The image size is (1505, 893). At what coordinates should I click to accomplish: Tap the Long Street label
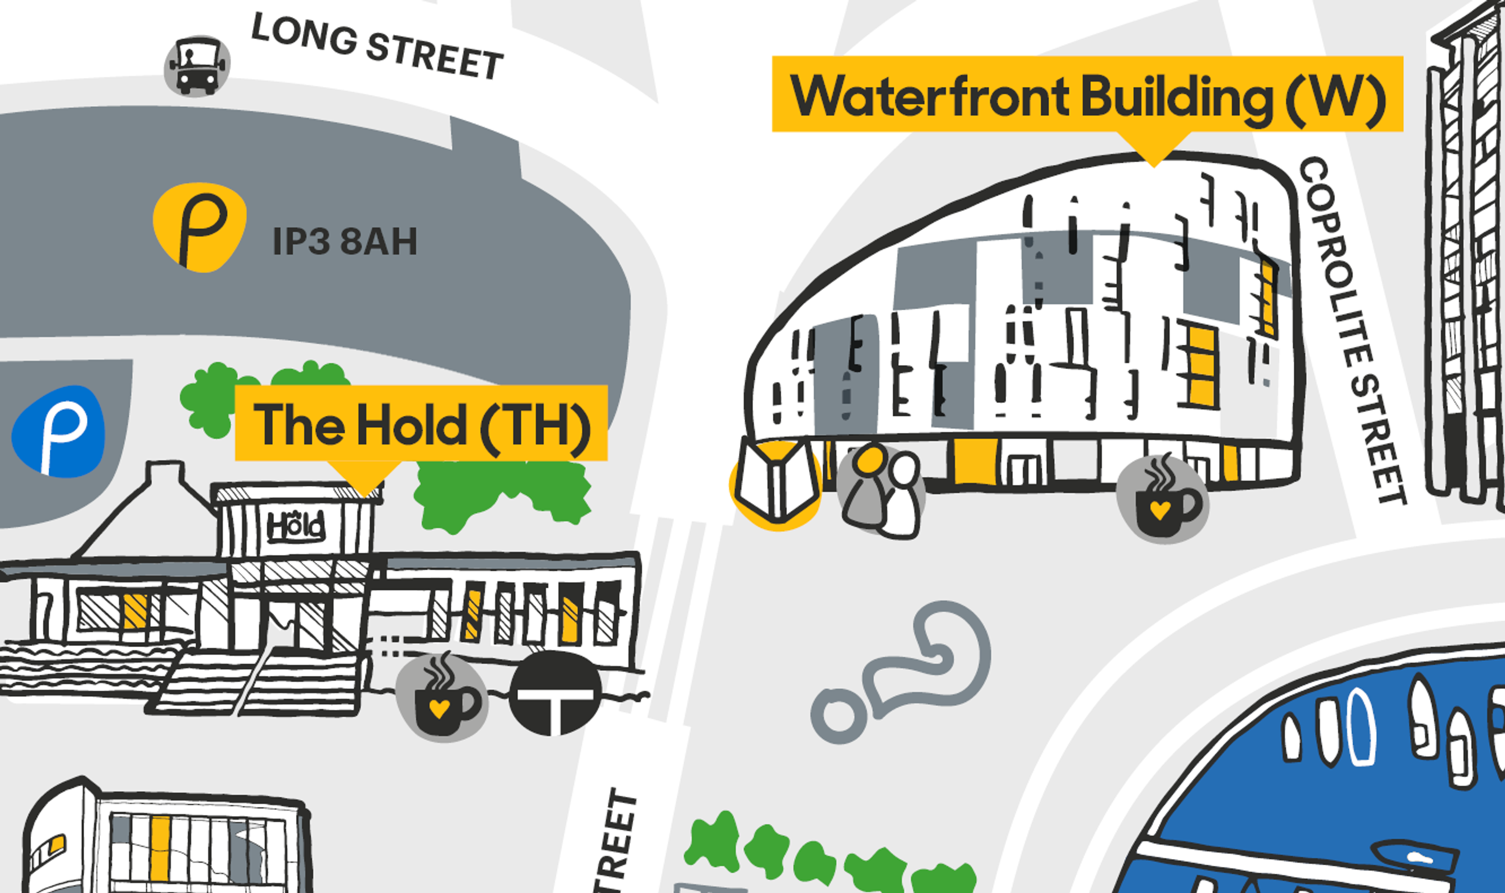point(377,47)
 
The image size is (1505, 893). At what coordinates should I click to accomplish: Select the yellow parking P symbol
point(200,227)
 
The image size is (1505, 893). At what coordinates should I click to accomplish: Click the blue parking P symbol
point(59,431)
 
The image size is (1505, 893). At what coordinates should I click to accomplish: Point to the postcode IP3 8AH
point(345,241)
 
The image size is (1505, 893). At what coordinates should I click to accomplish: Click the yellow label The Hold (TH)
point(421,423)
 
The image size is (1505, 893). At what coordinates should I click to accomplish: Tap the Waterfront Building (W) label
point(1087,95)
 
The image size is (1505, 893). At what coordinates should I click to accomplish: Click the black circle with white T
point(555,694)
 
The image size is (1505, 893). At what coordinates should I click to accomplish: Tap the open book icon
point(776,483)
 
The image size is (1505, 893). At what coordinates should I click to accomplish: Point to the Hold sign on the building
point(296,526)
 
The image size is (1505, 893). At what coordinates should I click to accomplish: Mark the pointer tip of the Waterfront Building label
point(1153,164)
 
